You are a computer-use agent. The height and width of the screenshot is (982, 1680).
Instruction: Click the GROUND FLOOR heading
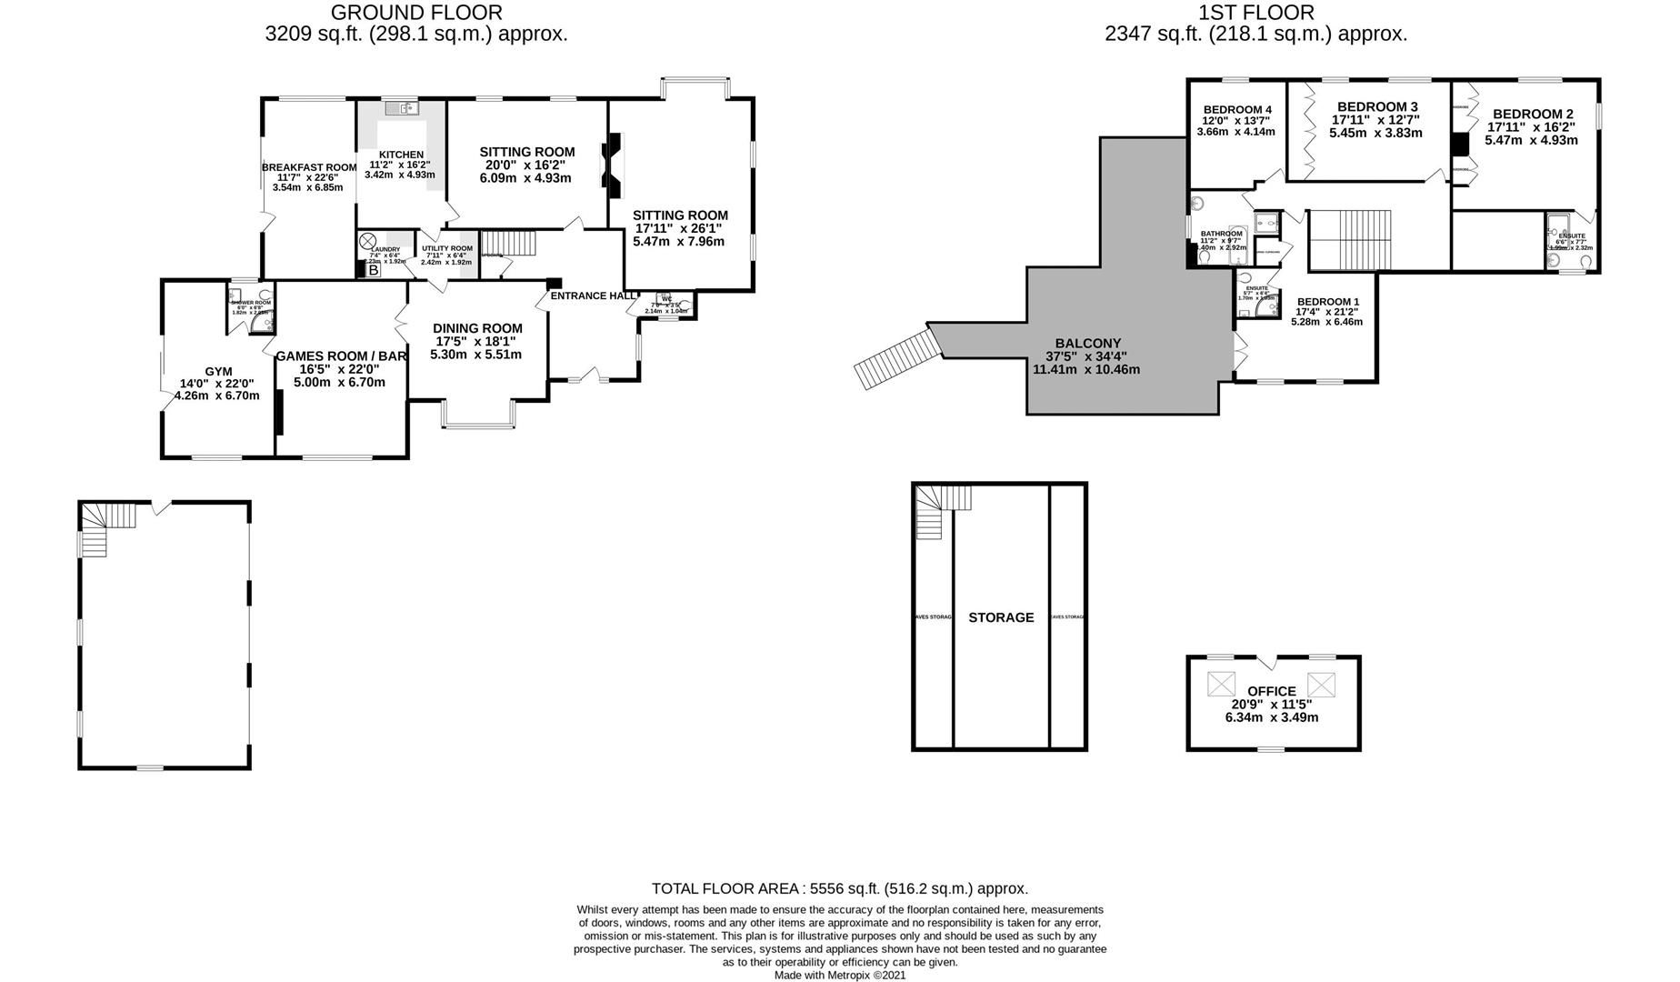416,13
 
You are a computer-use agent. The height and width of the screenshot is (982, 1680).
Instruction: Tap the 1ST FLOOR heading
1255,13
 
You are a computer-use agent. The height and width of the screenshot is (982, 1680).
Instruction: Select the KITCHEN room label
401,155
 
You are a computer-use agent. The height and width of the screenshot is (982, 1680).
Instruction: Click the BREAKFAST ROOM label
309,167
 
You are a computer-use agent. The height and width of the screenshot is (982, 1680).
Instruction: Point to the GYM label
218,371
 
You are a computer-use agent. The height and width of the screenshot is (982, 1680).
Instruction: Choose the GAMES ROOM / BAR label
340,356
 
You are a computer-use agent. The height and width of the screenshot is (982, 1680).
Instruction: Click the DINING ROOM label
477,328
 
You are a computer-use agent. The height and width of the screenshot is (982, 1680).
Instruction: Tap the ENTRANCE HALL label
594,296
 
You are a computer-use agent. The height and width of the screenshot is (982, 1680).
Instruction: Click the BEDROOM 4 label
1237,109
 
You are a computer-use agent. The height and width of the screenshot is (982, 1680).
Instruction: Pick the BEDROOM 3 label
1377,105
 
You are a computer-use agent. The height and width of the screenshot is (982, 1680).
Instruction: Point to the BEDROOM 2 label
1532,114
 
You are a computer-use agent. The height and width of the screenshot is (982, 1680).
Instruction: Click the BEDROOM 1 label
1328,302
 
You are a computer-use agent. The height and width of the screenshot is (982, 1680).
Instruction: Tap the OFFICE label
1272,691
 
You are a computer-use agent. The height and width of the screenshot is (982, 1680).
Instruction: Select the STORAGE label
1001,617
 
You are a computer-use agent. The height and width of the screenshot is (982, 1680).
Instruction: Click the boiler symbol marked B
373,270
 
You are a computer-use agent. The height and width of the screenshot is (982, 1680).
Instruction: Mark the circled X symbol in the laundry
367,241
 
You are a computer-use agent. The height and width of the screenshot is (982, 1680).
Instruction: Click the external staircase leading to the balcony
895,359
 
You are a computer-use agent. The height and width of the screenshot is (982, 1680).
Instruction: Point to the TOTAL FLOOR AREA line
840,888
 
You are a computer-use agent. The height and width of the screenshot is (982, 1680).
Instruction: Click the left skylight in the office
1222,683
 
